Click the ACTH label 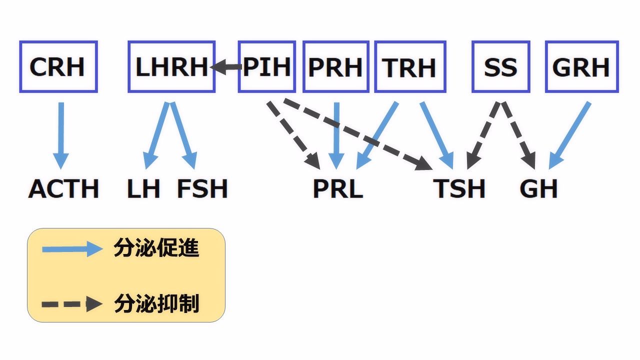pyautogui.click(x=63, y=188)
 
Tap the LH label pyautogui.click(x=143, y=188)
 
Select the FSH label pyautogui.click(x=202, y=188)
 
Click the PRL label pyautogui.click(x=338, y=188)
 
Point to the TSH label pyautogui.click(x=459, y=188)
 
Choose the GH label pyautogui.click(x=538, y=188)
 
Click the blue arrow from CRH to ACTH pyautogui.click(x=61, y=135)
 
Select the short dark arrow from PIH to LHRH pyautogui.click(x=225, y=67)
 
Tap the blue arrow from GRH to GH pyautogui.click(x=569, y=135)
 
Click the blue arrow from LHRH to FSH pyautogui.click(x=184, y=135)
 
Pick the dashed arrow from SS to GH pyautogui.click(x=518, y=135)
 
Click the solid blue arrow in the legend pyautogui.click(x=72, y=249)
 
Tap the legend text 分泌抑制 pyautogui.click(x=156, y=303)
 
